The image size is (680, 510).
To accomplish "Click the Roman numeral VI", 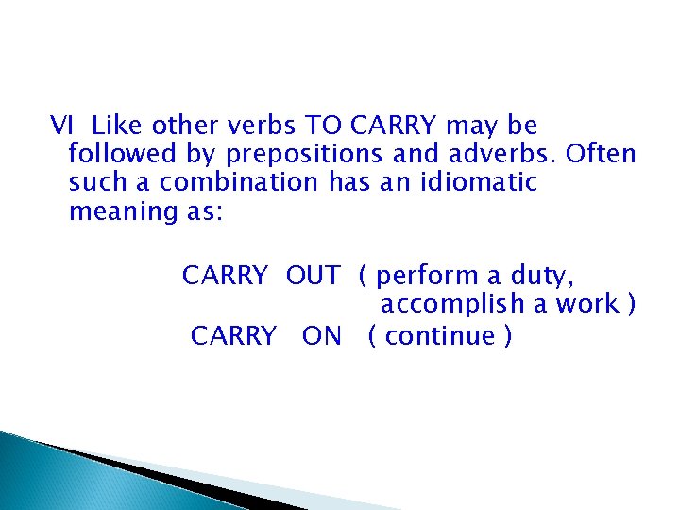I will click(x=61, y=126).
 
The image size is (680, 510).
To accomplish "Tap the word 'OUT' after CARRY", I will click(x=313, y=277).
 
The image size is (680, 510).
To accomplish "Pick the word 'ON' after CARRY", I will click(x=322, y=336).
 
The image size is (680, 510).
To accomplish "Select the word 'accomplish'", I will click(x=455, y=305).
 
